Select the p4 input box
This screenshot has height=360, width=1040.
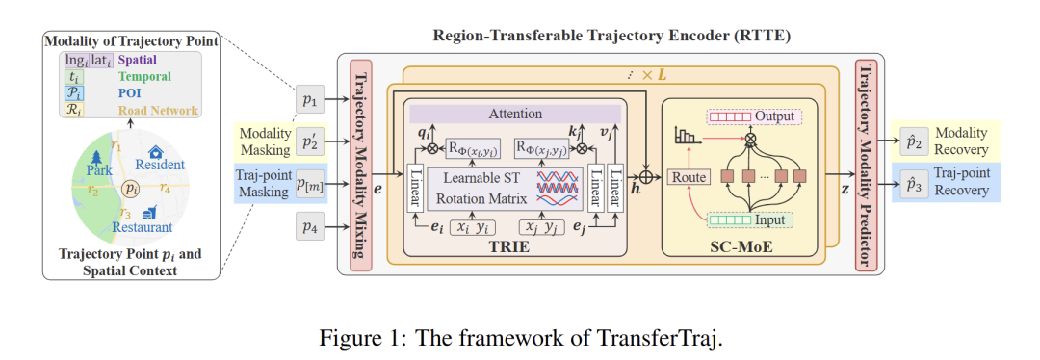(308, 228)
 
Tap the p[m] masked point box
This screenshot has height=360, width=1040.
(308, 184)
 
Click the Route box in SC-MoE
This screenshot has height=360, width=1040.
(689, 177)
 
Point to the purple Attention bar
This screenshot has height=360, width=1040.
(515, 114)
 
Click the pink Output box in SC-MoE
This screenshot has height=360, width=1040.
(753, 116)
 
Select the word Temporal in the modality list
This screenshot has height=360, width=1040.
(144, 76)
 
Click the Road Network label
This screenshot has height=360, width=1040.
(159, 111)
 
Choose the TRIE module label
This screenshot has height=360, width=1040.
(512, 246)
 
